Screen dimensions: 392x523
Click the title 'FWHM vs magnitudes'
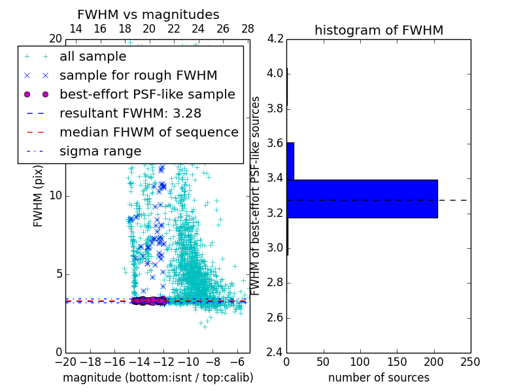click(148, 14)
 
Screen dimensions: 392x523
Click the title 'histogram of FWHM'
click(379, 30)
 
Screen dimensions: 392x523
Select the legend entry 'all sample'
click(93, 57)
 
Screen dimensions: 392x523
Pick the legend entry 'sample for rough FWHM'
click(138, 76)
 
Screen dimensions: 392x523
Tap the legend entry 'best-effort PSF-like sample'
click(147, 94)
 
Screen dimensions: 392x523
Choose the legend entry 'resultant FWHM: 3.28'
click(130, 113)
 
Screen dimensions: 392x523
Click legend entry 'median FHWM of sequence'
click(148, 132)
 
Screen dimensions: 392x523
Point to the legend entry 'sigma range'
click(100, 151)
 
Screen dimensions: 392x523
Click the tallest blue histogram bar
click(362, 199)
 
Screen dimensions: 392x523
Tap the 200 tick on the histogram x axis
click(433, 362)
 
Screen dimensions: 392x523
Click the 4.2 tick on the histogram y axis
click(275, 39)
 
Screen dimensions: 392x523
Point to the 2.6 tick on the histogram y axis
click(275, 318)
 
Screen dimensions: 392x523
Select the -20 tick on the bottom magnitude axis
click(65, 362)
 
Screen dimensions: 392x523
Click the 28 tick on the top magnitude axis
click(248, 29)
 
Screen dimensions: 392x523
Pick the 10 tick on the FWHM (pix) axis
click(56, 196)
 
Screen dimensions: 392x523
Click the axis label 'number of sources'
click(379, 378)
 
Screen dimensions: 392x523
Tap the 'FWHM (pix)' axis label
click(39, 196)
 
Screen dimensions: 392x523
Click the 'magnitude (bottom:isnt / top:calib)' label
click(158, 378)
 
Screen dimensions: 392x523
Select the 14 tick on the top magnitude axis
click(76, 29)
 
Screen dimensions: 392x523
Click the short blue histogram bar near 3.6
click(290, 161)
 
